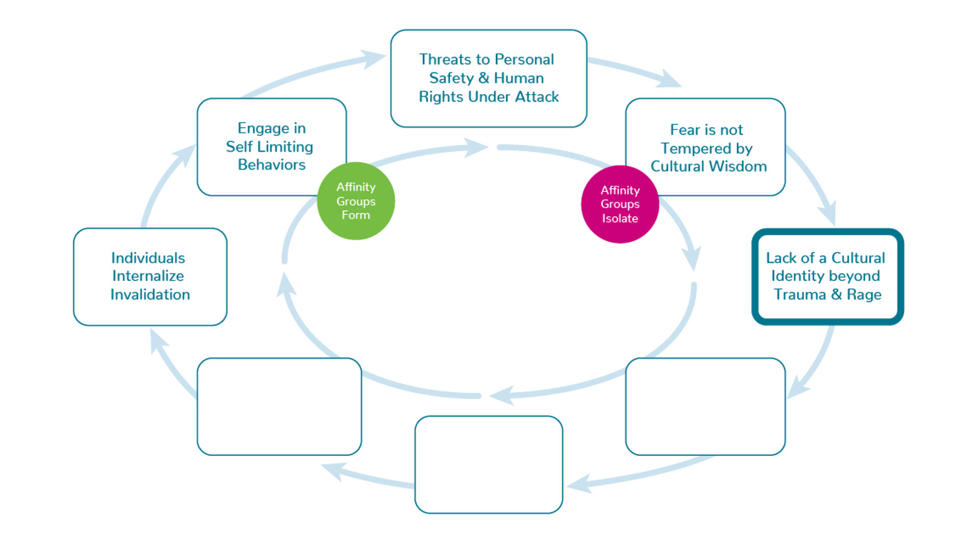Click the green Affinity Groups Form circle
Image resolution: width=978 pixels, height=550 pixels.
pos(356,201)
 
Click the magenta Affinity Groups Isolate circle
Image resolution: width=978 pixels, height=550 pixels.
pos(620,204)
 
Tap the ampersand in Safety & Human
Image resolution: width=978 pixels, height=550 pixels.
pos(484,78)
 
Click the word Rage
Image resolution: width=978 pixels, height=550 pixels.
pos(864,295)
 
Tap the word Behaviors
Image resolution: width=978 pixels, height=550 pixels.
pos(271,165)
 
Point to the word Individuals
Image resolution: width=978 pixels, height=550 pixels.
pos(148,258)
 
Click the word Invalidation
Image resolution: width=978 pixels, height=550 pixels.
pos(150,295)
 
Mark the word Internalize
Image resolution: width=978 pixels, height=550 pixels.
pos(148,276)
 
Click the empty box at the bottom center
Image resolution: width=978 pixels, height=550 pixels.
pos(488,464)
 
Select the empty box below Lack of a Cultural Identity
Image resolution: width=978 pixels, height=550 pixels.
pos(705,406)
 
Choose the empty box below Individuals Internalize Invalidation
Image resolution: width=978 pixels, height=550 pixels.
pos(279,406)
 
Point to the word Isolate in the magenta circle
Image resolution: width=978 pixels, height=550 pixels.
pos(620,218)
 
